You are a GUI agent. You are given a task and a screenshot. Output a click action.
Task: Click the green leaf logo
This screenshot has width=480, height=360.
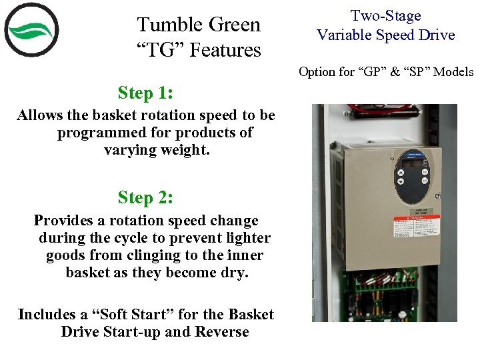31,30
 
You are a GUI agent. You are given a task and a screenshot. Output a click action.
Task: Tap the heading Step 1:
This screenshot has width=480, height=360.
145,92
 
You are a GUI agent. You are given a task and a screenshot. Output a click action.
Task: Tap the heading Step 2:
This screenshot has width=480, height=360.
145,197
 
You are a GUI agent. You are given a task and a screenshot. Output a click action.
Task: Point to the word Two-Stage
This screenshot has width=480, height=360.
386,15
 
